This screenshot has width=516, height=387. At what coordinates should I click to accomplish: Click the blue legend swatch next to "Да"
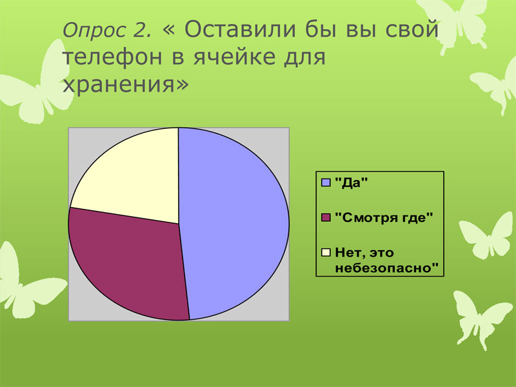click(326, 183)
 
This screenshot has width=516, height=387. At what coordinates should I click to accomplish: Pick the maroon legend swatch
click(326, 217)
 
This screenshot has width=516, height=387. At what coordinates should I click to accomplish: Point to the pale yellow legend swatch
click(326, 253)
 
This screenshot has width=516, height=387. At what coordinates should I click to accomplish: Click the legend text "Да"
click(351, 183)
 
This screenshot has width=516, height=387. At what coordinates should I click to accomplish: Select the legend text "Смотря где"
click(384, 217)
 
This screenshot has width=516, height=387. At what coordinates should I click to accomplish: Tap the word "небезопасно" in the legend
click(387, 268)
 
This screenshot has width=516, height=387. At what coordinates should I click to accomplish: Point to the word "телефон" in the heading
click(112, 57)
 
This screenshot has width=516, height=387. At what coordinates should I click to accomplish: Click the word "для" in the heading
click(304, 58)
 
